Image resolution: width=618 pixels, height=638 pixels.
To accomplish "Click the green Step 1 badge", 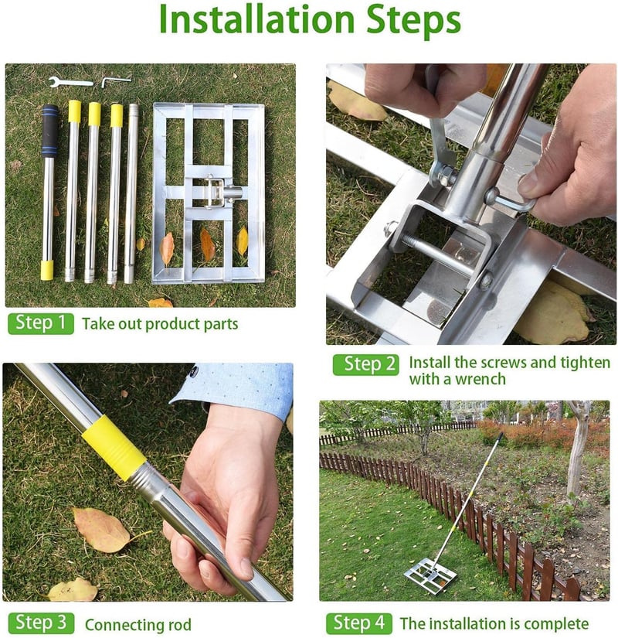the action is [41, 323].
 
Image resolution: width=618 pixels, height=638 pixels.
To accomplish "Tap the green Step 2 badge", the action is [366, 364].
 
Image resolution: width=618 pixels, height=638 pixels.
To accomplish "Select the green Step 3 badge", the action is [41, 623].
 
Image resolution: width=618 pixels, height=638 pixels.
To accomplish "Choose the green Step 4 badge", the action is [359, 623].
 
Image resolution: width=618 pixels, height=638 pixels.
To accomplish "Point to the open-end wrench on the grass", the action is [71, 82].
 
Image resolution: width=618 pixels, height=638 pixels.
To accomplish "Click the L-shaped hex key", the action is [116, 81].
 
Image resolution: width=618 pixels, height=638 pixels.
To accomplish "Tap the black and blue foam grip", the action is [49, 131].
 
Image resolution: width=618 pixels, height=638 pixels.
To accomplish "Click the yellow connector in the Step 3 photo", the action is [114, 448].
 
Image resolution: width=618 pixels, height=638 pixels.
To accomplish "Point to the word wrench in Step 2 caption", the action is [480, 380].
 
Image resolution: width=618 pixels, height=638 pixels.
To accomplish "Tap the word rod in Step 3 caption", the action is [180, 625].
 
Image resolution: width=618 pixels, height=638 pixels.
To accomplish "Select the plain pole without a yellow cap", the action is [131, 193].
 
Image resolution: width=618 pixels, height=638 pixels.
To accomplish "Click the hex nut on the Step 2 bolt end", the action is [390, 228].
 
